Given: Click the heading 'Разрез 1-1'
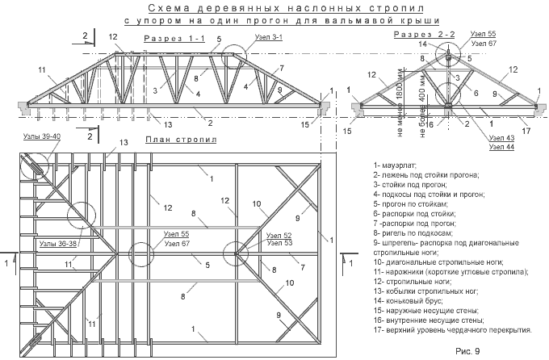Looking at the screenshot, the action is pyautogui.click(x=174, y=39).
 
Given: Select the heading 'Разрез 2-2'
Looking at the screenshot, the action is pyautogui.click(x=425, y=35).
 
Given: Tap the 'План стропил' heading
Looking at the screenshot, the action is pyautogui.click(x=182, y=140).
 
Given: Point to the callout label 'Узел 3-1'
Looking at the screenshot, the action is pyautogui.click(x=269, y=37).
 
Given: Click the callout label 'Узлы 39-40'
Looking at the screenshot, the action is pyautogui.click(x=42, y=136).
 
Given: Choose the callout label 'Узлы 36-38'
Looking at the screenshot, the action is pyautogui.click(x=58, y=244).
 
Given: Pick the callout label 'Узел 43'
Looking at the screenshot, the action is pyautogui.click(x=501, y=138).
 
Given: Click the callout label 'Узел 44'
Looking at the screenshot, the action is pyautogui.click(x=501, y=147).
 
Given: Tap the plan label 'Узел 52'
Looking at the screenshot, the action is pyautogui.click(x=279, y=236).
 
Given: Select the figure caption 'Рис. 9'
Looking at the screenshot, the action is pyautogui.click(x=467, y=350).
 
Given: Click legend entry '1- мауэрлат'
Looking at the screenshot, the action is pyautogui.click(x=395, y=165).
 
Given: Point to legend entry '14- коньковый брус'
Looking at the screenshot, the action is pyautogui.click(x=409, y=301).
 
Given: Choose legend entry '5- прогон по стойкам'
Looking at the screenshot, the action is pyautogui.click(x=411, y=204).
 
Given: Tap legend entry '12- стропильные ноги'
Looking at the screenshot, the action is pyautogui.click(x=413, y=281).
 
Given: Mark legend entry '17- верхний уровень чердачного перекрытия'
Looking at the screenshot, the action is pyautogui.click(x=453, y=330).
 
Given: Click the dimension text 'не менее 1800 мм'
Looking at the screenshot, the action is pyautogui.click(x=400, y=102).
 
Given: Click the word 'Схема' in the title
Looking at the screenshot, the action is pyautogui.click(x=162, y=8).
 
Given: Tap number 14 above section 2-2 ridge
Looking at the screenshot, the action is pyautogui.click(x=423, y=44).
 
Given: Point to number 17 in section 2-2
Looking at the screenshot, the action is pyautogui.click(x=526, y=131).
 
